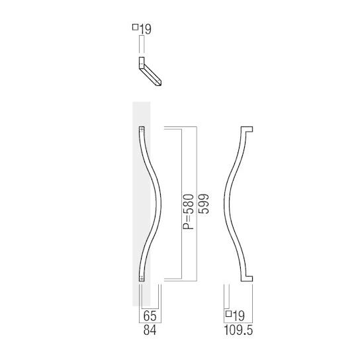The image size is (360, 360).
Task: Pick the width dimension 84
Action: [x=150, y=328]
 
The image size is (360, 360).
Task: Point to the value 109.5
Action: [x=239, y=328]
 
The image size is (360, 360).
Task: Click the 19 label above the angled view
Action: [x=146, y=28]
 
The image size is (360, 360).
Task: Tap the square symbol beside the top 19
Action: [x=136, y=27]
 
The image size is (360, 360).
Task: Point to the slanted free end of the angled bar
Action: [x=159, y=83]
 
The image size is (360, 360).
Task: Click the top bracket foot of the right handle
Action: [x=246, y=128]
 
